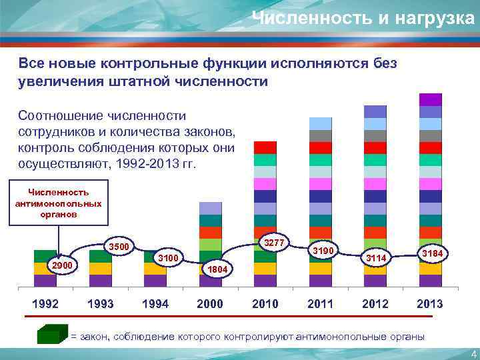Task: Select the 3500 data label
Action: coord(118,247)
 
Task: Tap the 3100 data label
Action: coord(167,257)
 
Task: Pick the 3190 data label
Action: coord(323,251)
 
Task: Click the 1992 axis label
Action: coord(46,303)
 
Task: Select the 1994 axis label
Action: coord(155,303)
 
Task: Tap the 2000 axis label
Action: coord(211,303)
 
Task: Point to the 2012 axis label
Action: coord(375,303)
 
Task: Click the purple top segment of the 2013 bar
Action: coord(430,99)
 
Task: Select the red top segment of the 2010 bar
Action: coord(265,147)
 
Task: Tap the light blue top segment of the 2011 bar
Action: coord(320,123)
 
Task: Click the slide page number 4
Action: coord(473,353)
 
